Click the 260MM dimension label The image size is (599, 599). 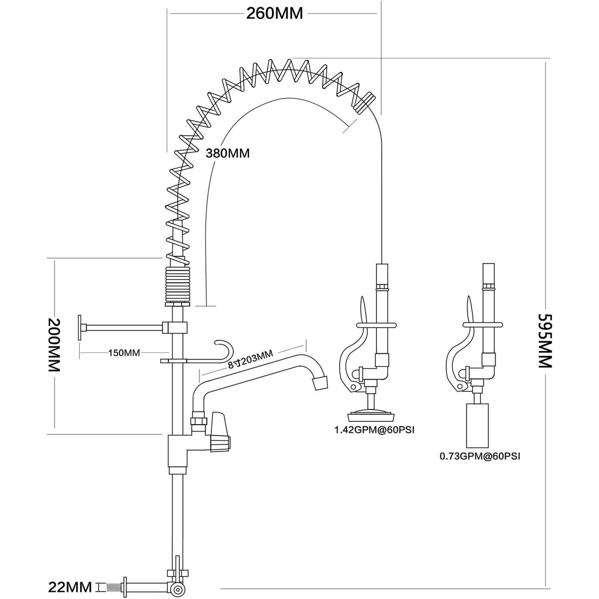coord(274,14)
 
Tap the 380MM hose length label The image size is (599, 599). coord(228,153)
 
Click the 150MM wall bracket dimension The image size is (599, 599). coord(124,353)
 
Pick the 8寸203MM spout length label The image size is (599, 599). coord(250,359)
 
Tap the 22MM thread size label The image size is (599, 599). coord(70,587)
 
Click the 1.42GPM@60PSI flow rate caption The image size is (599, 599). coord(374,430)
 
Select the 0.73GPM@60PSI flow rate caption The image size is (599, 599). coord(480,456)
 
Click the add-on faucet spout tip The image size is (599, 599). coord(320,383)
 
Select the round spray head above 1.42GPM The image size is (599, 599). coord(371,416)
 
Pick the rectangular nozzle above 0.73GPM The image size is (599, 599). coord(477,425)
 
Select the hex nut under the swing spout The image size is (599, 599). coord(199,421)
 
